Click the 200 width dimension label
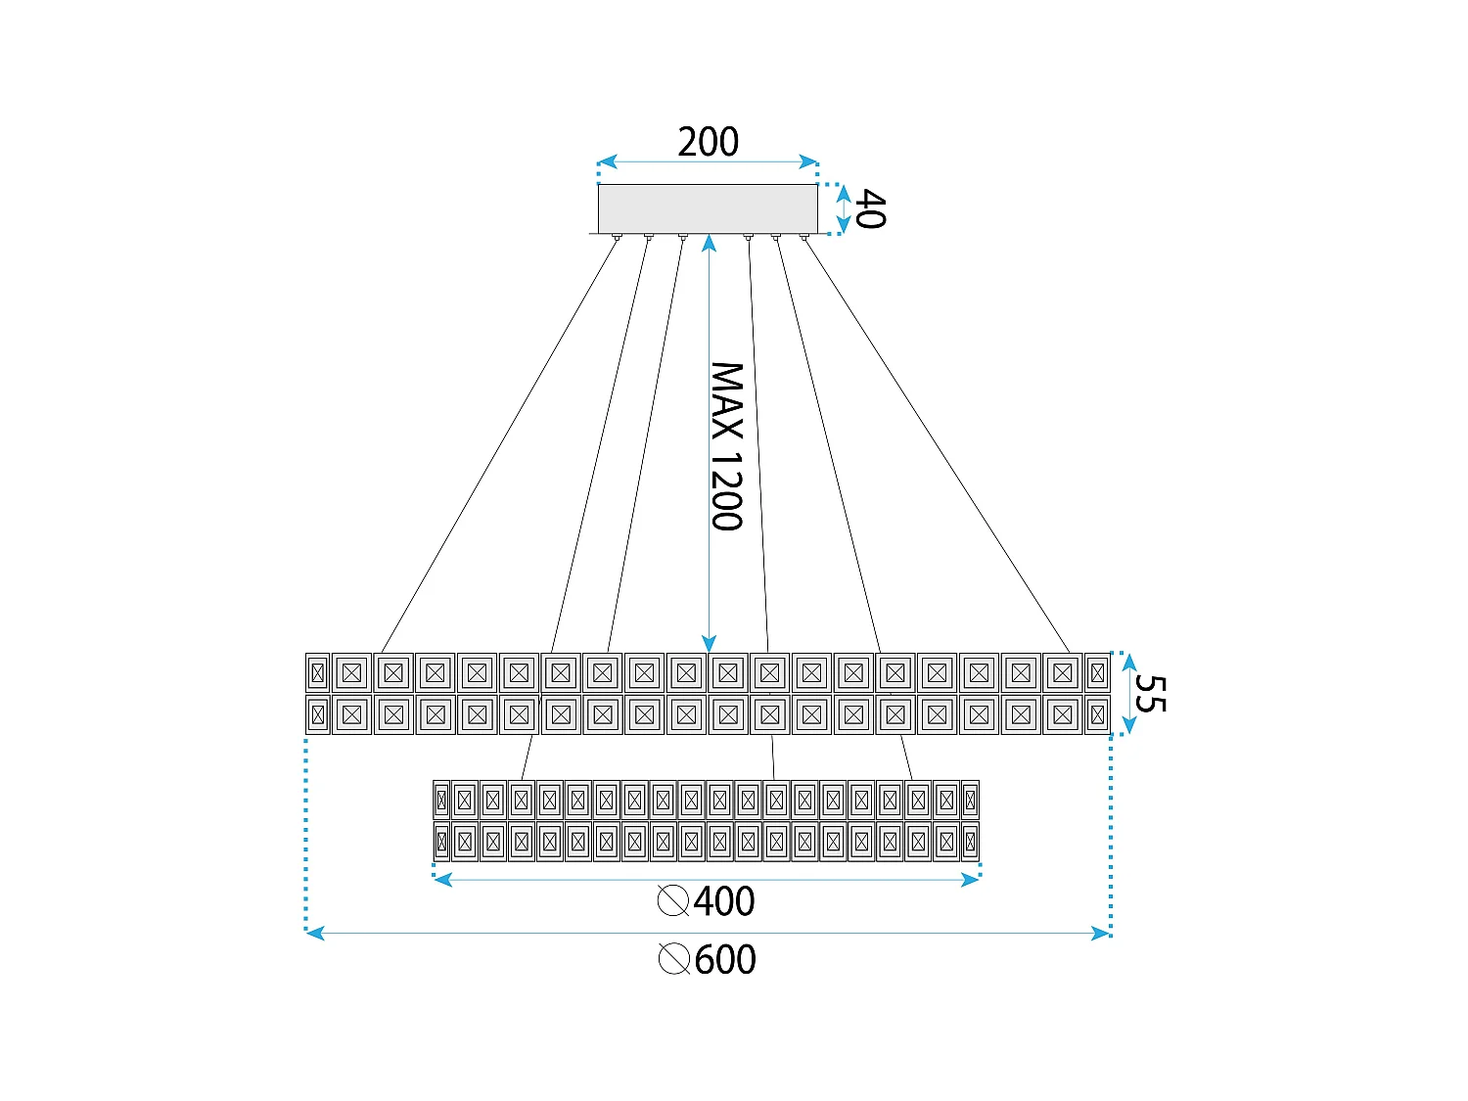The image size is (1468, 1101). pos(708,142)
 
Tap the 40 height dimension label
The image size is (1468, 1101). pos(869,209)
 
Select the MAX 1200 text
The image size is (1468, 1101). pos(727,446)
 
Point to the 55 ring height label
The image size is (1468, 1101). pos(1150,694)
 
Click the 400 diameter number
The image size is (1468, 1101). pos(724,901)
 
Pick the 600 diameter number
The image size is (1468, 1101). pos(725,960)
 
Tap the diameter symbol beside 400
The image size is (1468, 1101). pos(673,901)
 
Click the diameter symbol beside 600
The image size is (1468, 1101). pos(674,960)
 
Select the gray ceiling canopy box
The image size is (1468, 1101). pos(708,208)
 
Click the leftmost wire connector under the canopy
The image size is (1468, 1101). pos(617,238)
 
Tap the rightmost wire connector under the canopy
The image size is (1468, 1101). pos(804,238)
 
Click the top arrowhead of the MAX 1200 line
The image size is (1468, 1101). pos(709,241)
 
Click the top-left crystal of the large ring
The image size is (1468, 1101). pos(317,672)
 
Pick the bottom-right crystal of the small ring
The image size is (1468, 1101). pos(970,842)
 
